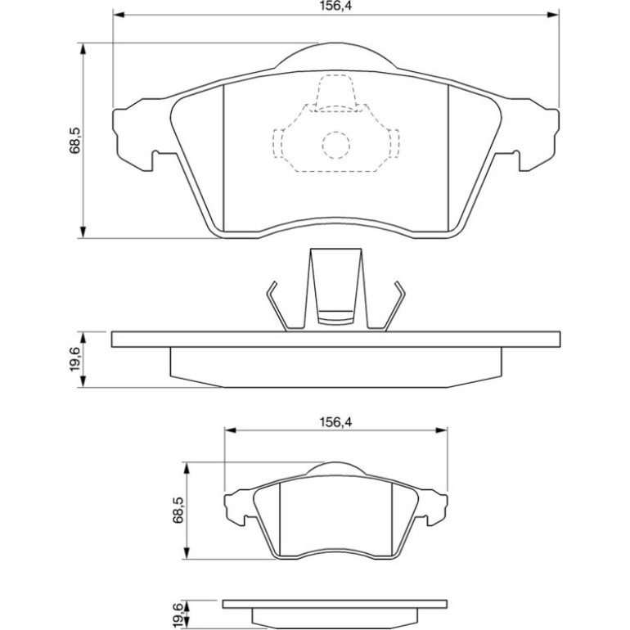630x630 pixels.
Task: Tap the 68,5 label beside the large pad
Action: [75, 141]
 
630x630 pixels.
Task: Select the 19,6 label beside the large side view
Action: [75, 360]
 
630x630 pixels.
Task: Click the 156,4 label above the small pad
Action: [335, 422]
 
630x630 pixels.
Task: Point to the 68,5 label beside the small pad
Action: [178, 510]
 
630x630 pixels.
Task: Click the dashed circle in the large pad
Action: [336, 145]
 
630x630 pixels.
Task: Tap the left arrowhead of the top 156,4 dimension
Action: [119, 15]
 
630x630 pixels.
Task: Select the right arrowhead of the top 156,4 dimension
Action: [553, 15]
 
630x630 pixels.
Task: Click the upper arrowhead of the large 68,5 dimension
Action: [83, 49]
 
